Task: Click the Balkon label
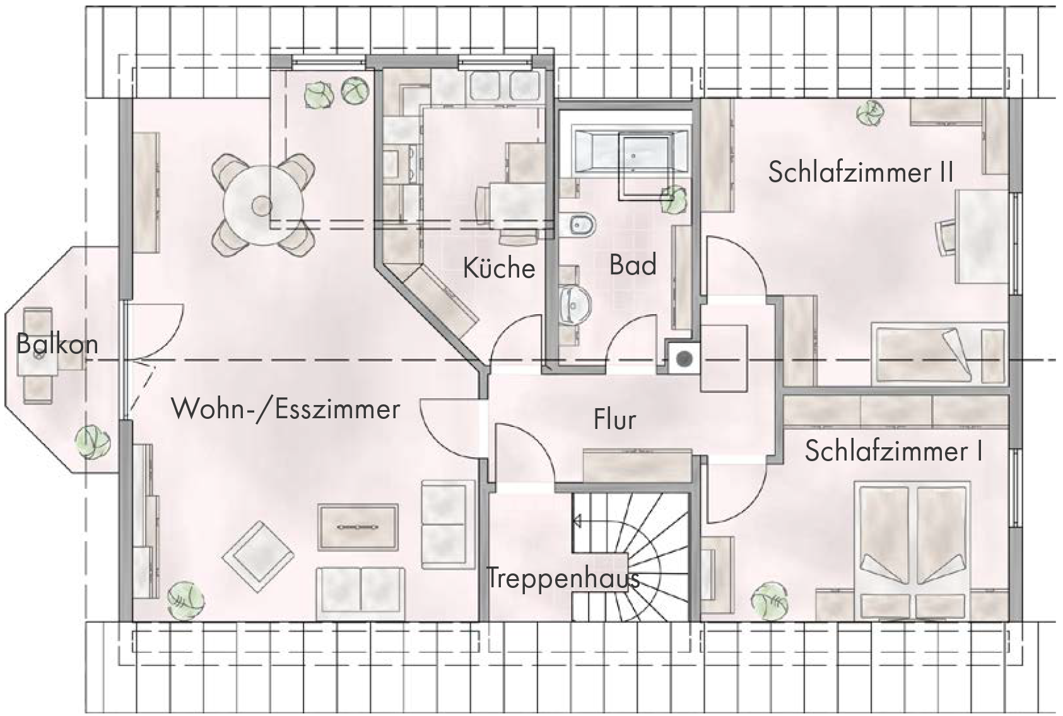click(x=57, y=344)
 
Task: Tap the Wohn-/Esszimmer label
click(x=286, y=409)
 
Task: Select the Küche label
click(x=499, y=267)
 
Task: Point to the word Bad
click(x=633, y=264)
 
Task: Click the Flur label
click(x=614, y=419)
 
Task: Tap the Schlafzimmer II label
click(x=861, y=172)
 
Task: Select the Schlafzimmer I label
click(x=893, y=451)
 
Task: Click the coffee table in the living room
click(x=358, y=527)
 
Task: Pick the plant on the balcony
click(x=93, y=442)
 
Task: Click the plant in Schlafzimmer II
click(x=870, y=114)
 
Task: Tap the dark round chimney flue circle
click(x=683, y=359)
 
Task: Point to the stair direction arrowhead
click(x=577, y=521)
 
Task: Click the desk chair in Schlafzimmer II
click(x=946, y=238)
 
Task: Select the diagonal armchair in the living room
click(x=257, y=556)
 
